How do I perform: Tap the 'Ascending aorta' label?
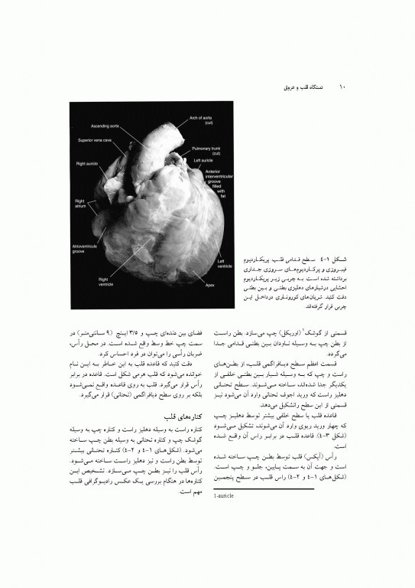105,126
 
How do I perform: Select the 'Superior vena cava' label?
96,141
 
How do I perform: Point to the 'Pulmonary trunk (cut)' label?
205,151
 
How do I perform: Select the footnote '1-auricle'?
226,498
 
